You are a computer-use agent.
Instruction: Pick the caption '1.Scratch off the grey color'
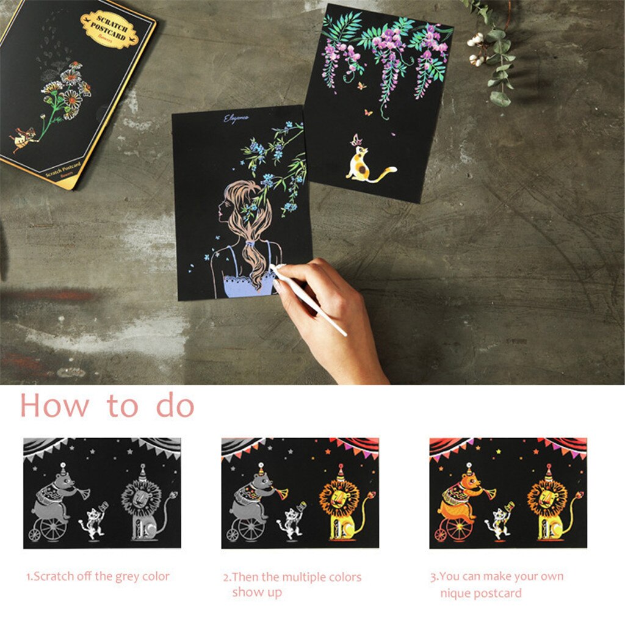(98, 576)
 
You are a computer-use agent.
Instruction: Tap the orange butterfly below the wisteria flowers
(368, 112)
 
